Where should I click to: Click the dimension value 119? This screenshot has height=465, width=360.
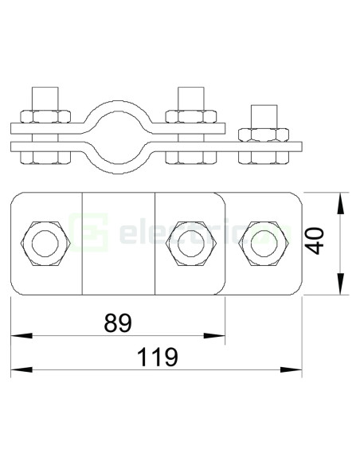[x=153, y=358]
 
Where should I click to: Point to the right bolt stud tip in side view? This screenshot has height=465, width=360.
[x=262, y=109]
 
